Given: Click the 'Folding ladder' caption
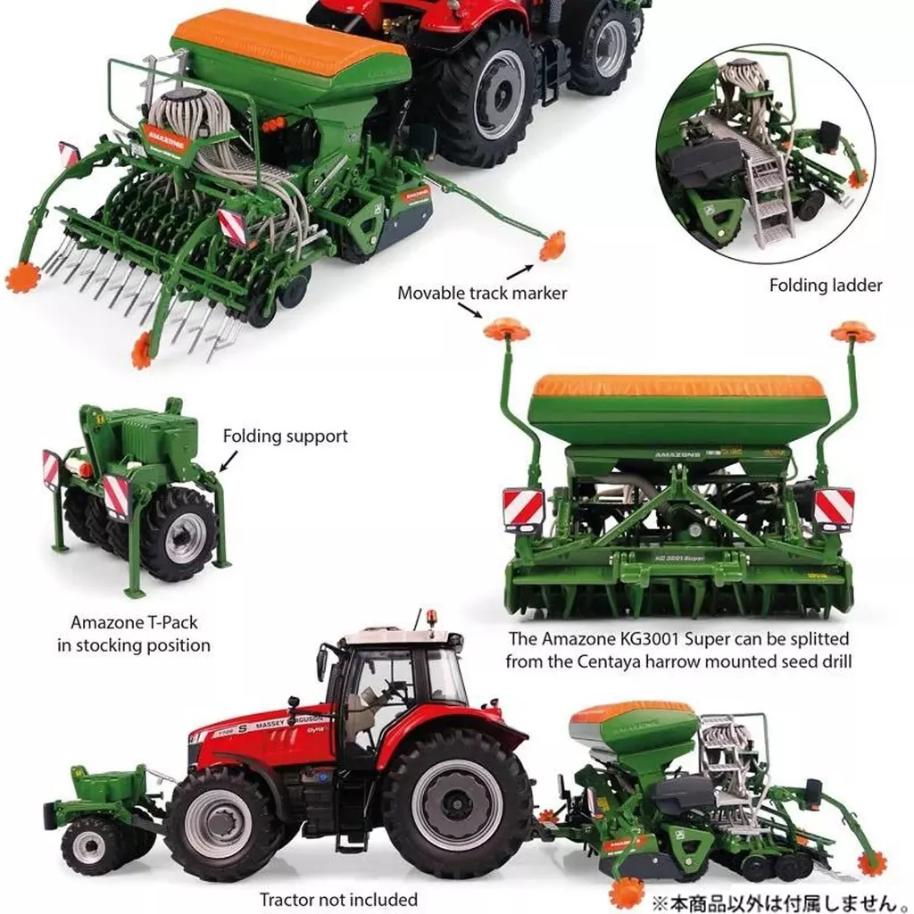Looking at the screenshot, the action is click(826, 285).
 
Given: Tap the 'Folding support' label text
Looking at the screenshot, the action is click(286, 436).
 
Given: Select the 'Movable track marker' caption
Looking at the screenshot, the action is click(482, 293).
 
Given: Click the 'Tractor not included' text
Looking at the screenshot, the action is click(338, 900).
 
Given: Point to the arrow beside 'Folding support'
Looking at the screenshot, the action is click(229, 460).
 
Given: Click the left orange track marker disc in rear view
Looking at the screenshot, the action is click(507, 329).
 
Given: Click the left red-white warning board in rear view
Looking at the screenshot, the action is click(523, 509).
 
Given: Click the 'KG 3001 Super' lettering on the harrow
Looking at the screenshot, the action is click(679, 558).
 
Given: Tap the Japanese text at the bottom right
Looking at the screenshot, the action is click(782, 902).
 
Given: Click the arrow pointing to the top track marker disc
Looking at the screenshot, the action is click(519, 272).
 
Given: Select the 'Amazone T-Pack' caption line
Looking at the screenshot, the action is click(134, 622).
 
